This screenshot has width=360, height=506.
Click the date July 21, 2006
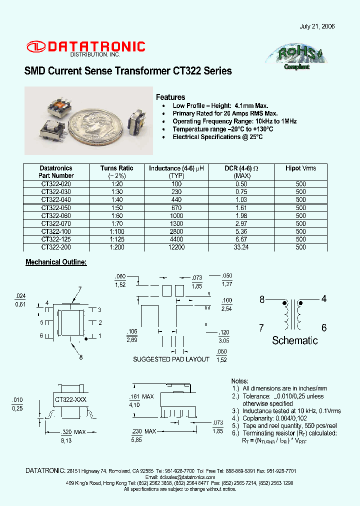pos(317,26)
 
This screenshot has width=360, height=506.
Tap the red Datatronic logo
pos(86,47)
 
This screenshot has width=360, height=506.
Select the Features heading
pos(170,97)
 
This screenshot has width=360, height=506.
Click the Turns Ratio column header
pos(116,171)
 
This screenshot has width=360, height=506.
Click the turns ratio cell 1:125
pos(116,239)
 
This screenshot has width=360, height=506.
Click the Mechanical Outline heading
pos(56,262)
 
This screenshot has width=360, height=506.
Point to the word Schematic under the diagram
pos(294,340)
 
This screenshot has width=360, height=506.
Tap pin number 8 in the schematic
pos(262,300)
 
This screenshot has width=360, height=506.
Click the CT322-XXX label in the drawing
pos(70,399)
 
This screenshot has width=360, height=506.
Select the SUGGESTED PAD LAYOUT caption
pos(171,359)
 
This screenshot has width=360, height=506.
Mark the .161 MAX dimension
pos(141,396)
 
